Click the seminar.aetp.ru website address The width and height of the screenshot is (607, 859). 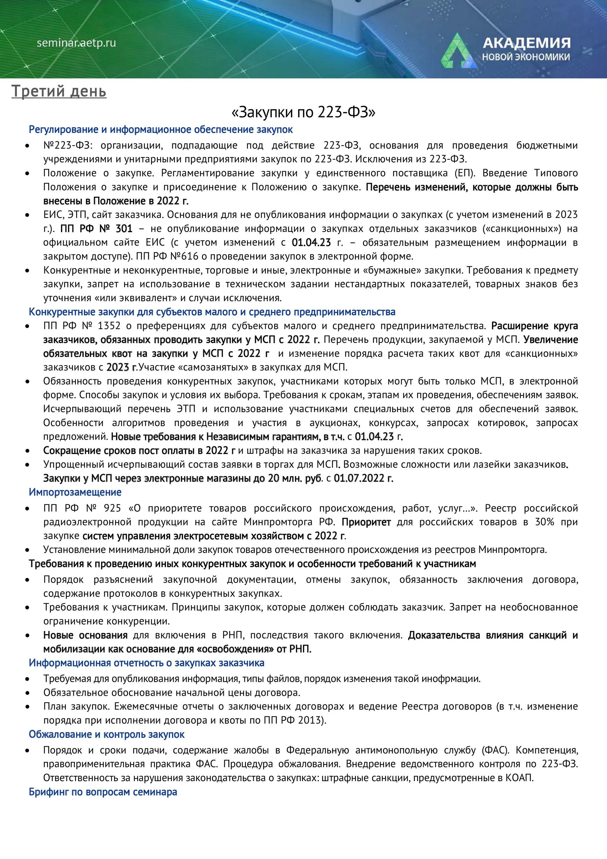click(76, 43)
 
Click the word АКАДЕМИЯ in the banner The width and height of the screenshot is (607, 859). click(526, 43)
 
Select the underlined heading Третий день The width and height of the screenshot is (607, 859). click(59, 91)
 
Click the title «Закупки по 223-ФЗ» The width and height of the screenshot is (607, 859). click(303, 112)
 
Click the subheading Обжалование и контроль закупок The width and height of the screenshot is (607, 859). click(106, 734)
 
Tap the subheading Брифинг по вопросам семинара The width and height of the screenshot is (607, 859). click(103, 792)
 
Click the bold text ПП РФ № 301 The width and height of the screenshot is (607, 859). click(96, 228)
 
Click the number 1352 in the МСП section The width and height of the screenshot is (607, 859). click(109, 326)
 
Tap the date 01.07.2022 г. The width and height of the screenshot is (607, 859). click(363, 478)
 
